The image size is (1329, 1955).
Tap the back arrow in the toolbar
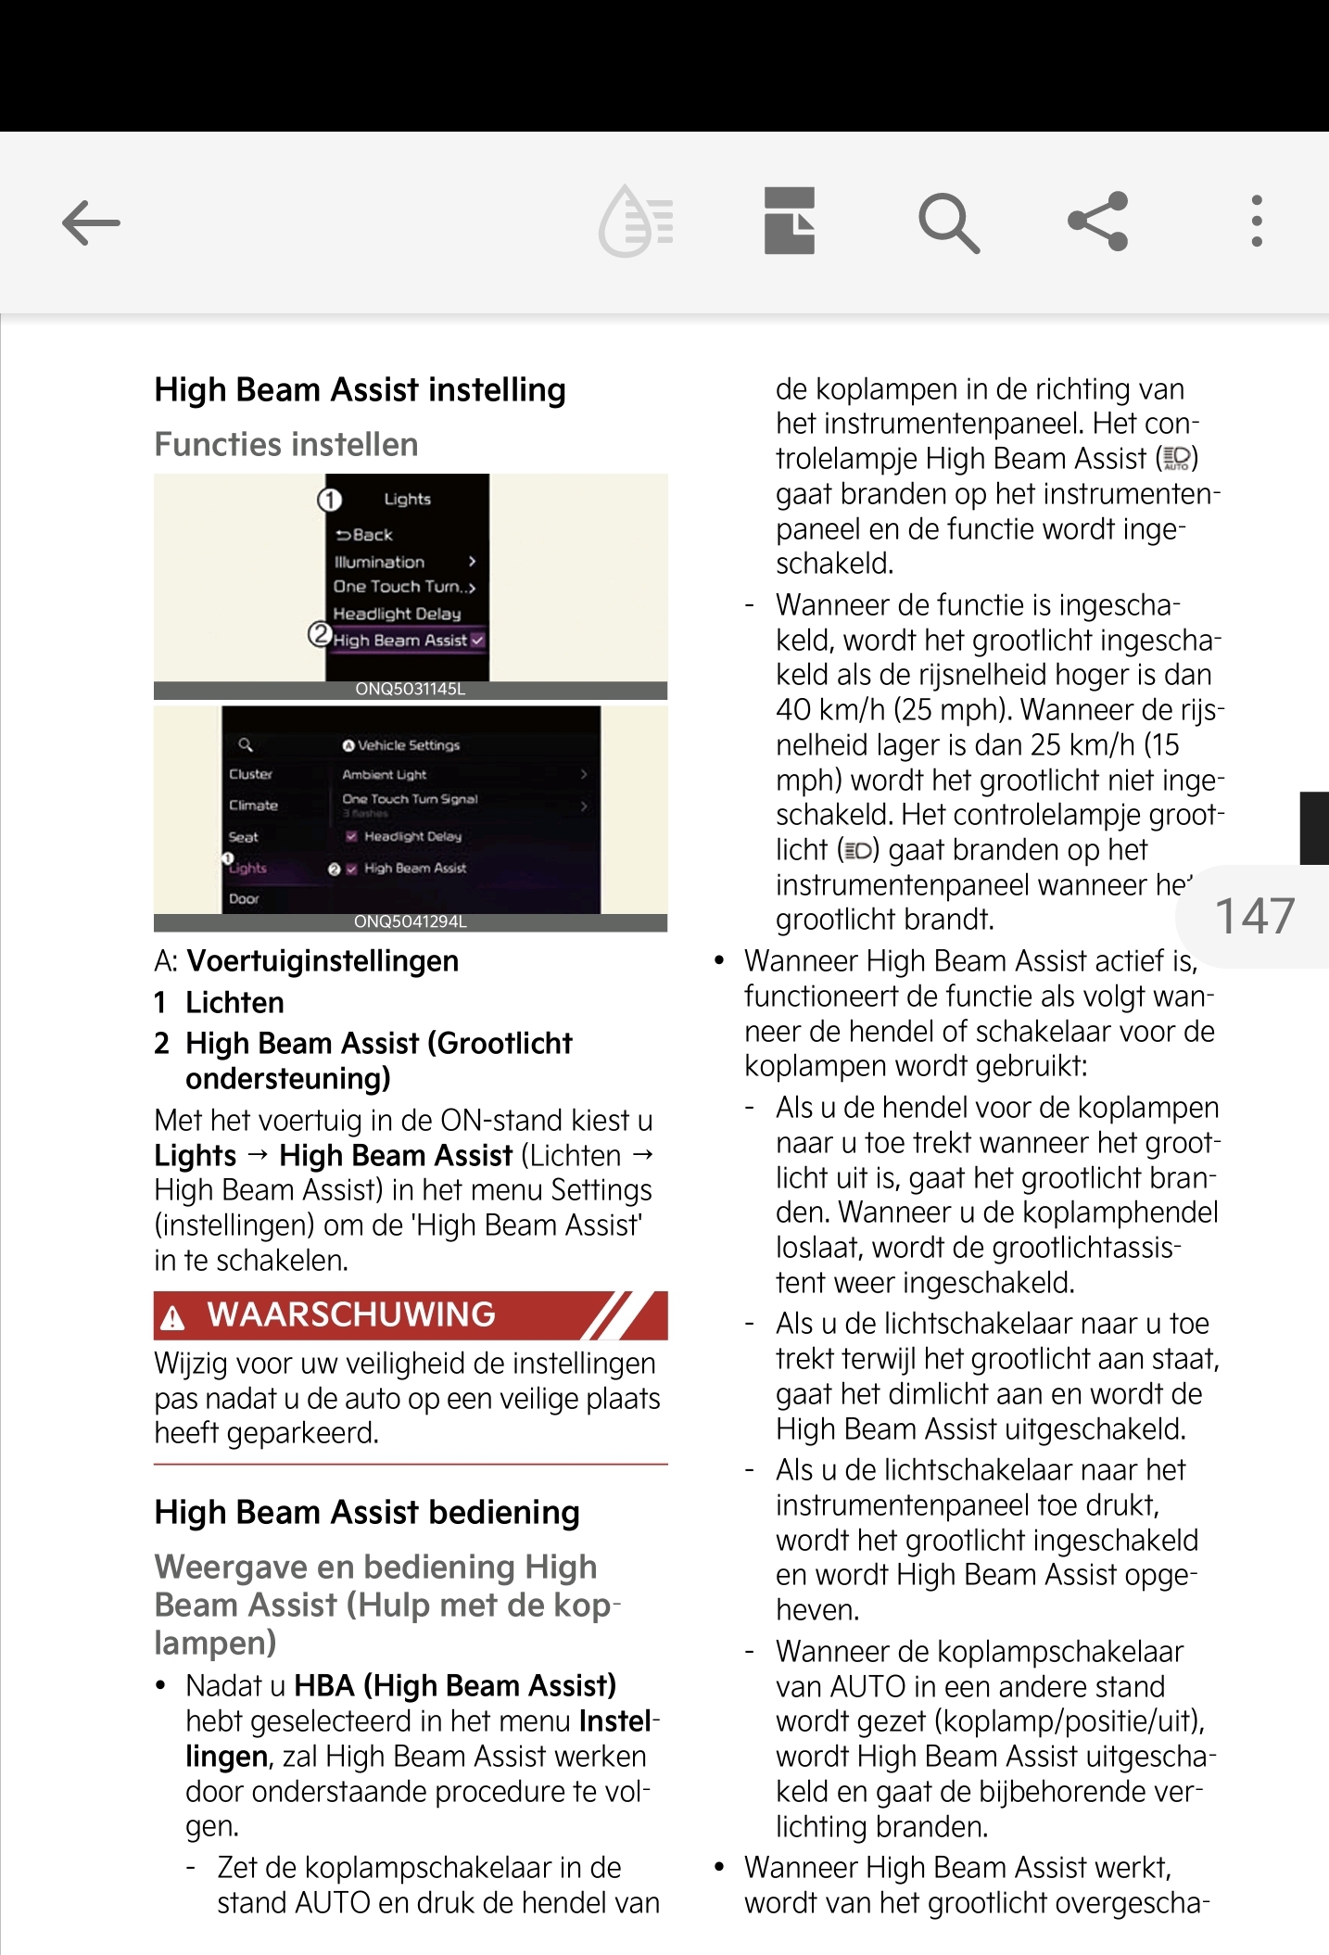click(x=91, y=222)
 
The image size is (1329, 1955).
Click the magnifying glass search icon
click(x=948, y=222)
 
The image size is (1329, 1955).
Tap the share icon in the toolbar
click(x=1098, y=222)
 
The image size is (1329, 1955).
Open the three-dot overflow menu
click(x=1256, y=222)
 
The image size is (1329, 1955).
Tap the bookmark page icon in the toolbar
click(x=790, y=222)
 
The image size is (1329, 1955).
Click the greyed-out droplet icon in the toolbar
click(x=637, y=222)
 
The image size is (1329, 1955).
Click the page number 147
click(x=1254, y=916)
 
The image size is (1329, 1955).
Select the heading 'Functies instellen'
click(x=286, y=445)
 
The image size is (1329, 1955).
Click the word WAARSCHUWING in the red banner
click(x=351, y=1314)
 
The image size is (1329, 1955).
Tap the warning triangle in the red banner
click(x=173, y=1317)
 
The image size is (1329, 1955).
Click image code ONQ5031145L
click(x=410, y=690)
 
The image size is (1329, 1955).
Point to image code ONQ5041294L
click(x=410, y=922)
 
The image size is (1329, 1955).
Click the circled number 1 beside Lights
click(x=330, y=501)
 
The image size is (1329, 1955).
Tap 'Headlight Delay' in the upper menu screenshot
click(x=397, y=614)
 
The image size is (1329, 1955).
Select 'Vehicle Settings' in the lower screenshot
click(x=408, y=745)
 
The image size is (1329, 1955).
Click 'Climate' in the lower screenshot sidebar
click(x=253, y=806)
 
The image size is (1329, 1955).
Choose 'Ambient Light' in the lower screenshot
click(x=385, y=775)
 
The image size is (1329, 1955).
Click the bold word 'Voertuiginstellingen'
click(x=323, y=961)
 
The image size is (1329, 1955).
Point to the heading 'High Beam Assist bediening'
click(x=367, y=1513)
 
